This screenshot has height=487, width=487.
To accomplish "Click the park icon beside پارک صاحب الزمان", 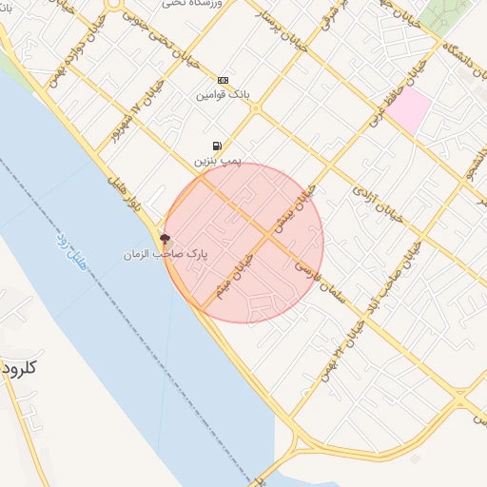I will pos(165,239).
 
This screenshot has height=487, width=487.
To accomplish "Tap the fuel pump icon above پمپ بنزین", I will pos(218,146).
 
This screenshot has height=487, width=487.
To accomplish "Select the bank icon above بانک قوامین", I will pos(223,81).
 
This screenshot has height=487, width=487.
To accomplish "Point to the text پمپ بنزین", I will pos(218,162).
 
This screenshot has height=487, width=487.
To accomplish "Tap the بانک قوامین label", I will pos(222,95).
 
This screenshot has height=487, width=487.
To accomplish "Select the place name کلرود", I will pos(18,367).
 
